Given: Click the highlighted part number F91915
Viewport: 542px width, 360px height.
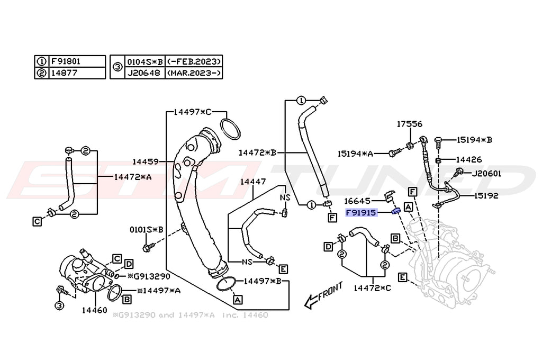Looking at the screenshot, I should [361, 213].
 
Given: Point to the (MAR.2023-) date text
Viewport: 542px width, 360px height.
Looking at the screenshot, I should [194, 73].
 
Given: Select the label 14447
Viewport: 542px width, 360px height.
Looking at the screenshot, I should [252, 182].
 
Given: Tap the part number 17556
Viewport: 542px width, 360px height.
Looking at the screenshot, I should [410, 124].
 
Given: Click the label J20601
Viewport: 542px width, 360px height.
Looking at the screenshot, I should [487, 173].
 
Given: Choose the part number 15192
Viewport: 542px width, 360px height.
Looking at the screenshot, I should [486, 195].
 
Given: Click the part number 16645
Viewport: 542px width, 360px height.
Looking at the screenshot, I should [359, 201].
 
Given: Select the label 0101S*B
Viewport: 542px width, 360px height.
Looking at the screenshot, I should [147, 230].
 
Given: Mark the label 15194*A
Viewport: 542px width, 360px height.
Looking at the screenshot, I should [355, 154].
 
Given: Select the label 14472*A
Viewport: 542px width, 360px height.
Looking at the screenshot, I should [132, 177].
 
